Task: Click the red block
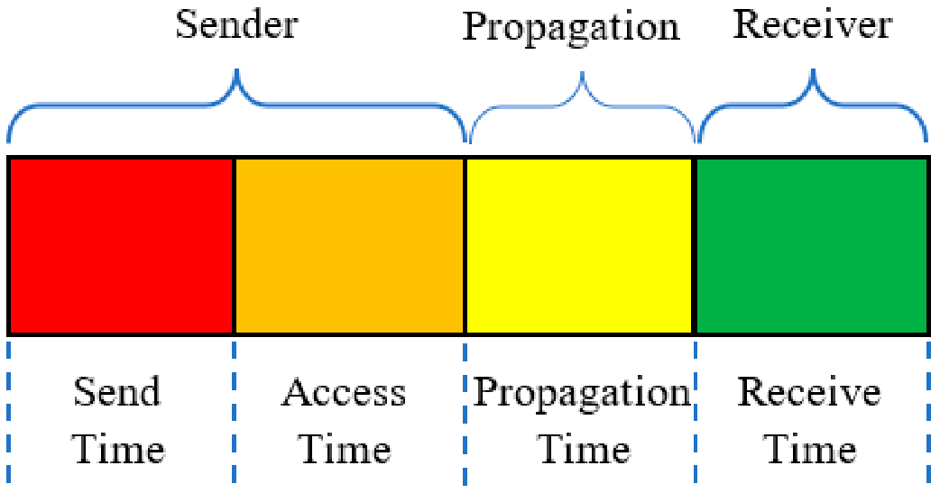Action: pos(121,246)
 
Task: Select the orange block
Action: pos(349,246)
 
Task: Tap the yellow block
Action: pos(579,246)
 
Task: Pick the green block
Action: pos(812,246)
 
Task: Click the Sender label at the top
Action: pos(236,25)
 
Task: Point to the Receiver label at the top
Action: pos(813,25)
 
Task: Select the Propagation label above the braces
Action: pos(571,28)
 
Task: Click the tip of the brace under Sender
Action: pos(236,69)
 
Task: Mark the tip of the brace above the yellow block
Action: pos(582,72)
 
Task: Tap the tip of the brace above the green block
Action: pos(813,70)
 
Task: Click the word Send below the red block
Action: pos(117,392)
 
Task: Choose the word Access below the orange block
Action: pos(344,393)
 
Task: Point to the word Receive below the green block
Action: pos(808,392)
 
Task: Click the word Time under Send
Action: pos(118,449)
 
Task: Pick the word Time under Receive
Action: pos(809,449)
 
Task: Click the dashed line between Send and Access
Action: pos(234,412)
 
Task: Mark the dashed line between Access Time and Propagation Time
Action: pos(465,412)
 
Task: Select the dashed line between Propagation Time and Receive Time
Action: pos(696,412)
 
